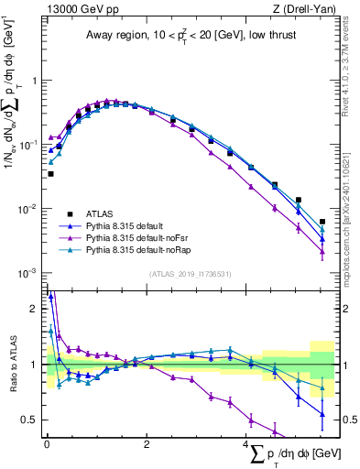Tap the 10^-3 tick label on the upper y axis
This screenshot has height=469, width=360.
coord(27,274)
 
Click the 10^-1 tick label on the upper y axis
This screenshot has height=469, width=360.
coord(27,145)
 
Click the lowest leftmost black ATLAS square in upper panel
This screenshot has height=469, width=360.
coord(50,173)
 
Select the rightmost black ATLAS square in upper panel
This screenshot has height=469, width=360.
coord(322,222)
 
